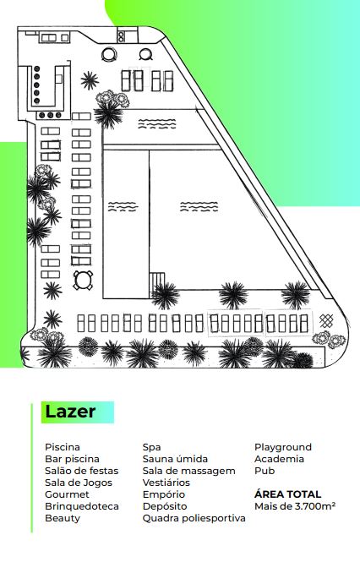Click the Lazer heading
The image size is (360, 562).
70,412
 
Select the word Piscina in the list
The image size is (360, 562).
63,447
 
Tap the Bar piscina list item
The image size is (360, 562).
72,459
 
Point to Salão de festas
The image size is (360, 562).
82,471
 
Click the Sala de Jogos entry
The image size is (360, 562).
79,483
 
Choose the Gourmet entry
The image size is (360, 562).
67,494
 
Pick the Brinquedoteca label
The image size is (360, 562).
82,506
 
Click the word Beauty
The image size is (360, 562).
63,518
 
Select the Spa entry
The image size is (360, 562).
151,448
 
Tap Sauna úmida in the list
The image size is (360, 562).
175,459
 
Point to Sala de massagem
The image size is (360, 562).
189,471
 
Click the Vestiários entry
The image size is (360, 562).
166,483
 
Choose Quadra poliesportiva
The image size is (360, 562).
194,518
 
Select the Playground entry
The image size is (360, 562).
283,447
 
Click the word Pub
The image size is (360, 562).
265,471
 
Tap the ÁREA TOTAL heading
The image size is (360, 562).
287,494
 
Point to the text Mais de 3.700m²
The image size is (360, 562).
295,506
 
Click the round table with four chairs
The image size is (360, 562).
83,280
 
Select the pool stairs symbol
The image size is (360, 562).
157,280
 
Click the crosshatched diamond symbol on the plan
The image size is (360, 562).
326,320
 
